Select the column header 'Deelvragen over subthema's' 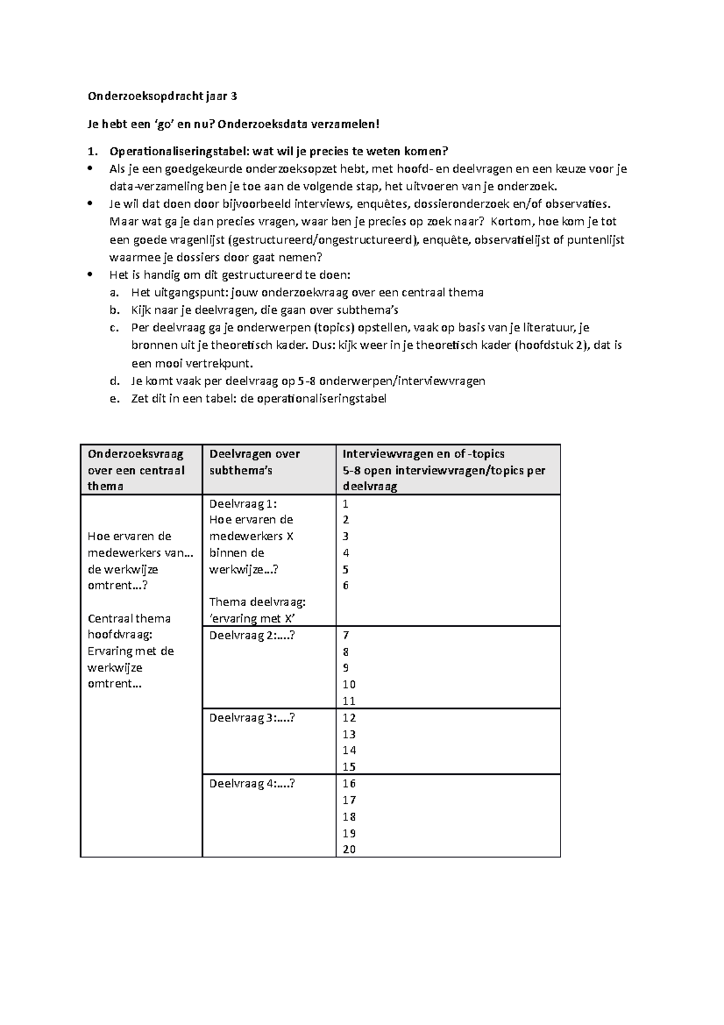pyautogui.click(x=254, y=462)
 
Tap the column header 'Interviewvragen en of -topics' pyautogui.click(x=423, y=454)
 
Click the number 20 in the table pyautogui.click(x=349, y=849)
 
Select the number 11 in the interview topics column pyautogui.click(x=349, y=701)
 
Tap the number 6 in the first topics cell pyautogui.click(x=346, y=585)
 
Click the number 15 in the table pyautogui.click(x=349, y=767)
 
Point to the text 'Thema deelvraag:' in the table pyautogui.click(x=257, y=602)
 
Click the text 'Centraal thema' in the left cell pyautogui.click(x=129, y=618)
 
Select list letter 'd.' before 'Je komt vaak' pyautogui.click(x=115, y=381)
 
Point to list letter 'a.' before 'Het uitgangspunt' pyautogui.click(x=115, y=293)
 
